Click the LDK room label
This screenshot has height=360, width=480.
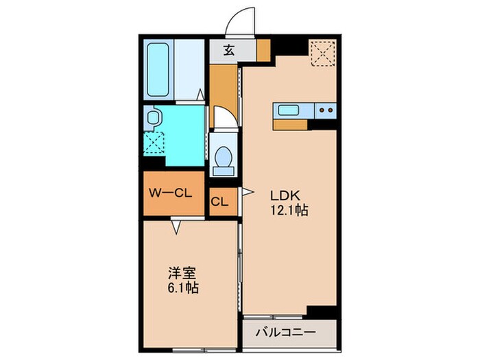tap(288, 195)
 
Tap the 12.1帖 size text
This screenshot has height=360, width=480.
tap(288, 211)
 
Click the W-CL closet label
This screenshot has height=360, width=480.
tap(171, 193)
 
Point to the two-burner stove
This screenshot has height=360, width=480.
tap(325, 110)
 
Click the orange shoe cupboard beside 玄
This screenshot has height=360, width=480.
tap(263, 49)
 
